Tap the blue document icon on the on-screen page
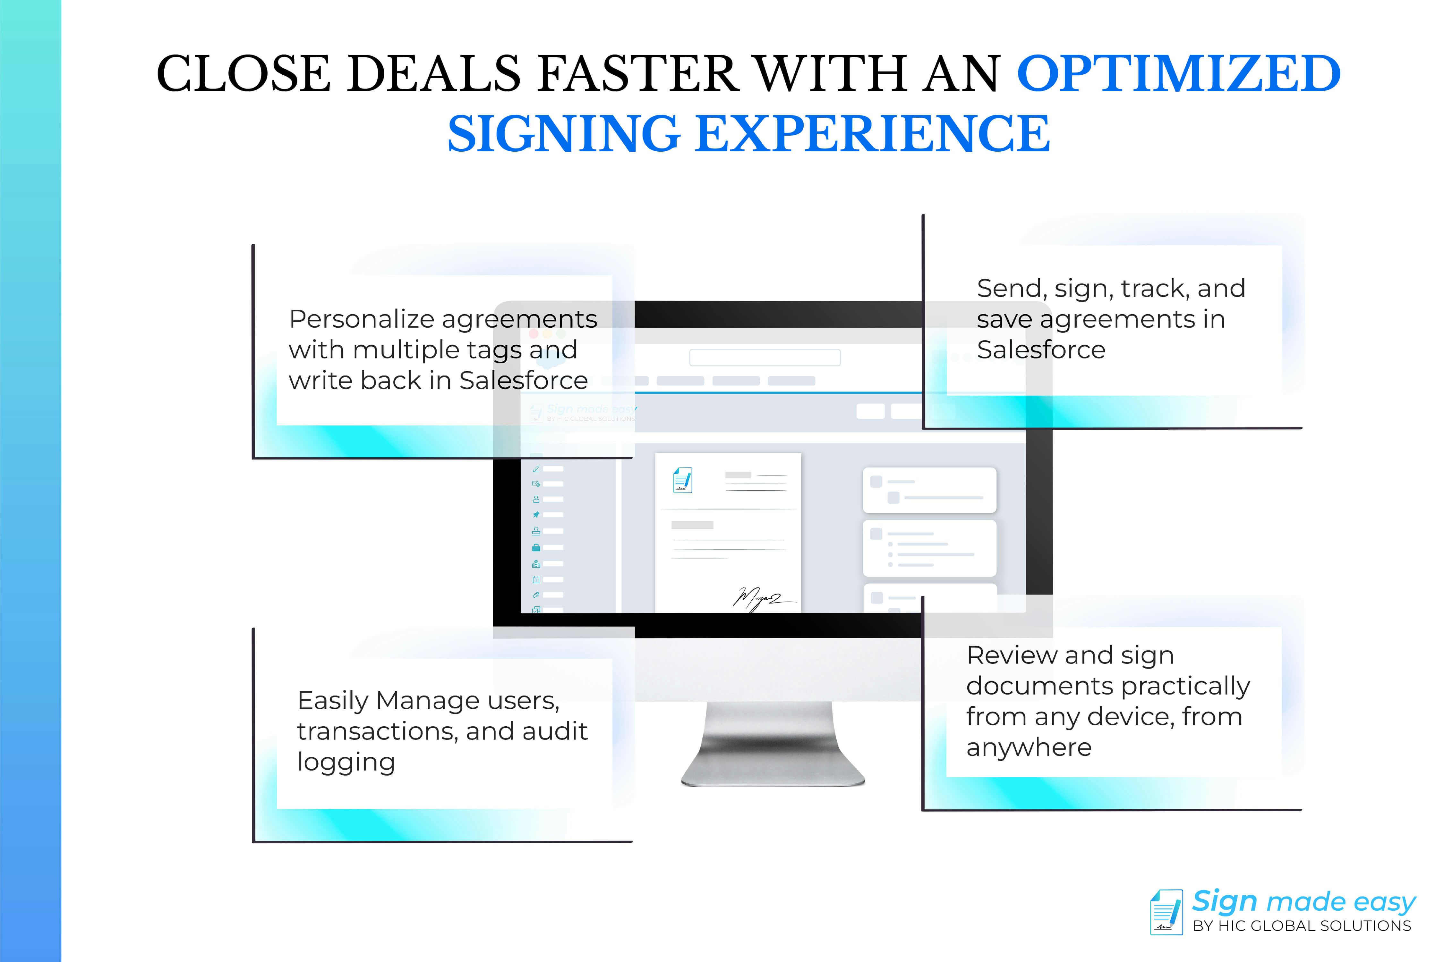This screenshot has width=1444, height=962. coord(682,480)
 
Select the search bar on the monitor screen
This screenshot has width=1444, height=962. coord(765,358)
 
